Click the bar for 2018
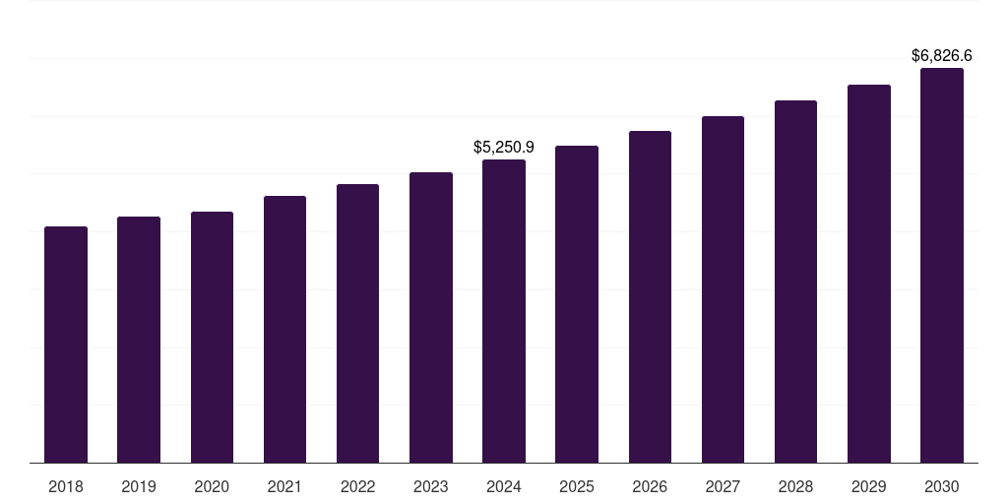66,345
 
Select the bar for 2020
212,337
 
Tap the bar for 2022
357,323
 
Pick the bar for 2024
504,311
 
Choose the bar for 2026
650,296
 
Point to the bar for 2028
795,282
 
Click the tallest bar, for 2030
941,266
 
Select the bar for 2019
139,340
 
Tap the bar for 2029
868,274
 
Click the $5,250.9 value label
504,147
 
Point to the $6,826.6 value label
941,55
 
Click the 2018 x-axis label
66,486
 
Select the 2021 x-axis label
284,486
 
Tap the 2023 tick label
430,486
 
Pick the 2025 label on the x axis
577,486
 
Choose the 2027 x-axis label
723,486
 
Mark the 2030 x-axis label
941,486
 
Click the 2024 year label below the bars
504,486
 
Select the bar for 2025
577,304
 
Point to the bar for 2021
284,329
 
